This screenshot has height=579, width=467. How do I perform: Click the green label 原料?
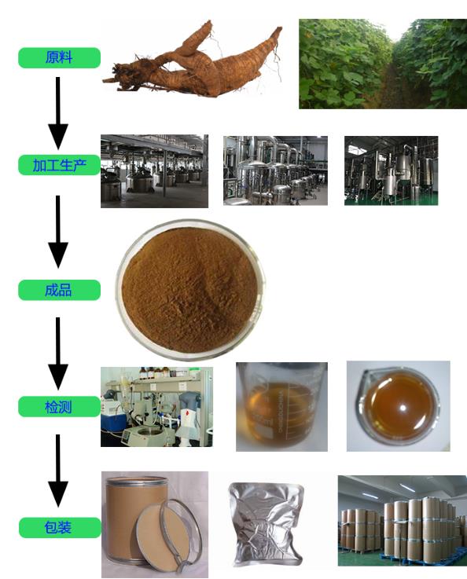click(x=59, y=57)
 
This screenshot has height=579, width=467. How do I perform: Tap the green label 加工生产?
click(x=59, y=165)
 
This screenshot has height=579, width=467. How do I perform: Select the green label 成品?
click(x=59, y=290)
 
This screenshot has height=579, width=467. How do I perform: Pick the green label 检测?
click(x=59, y=406)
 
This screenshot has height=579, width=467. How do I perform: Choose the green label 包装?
click(x=60, y=527)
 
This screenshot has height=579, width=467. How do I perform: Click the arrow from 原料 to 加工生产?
click(x=58, y=113)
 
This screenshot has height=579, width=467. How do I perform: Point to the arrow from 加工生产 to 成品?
click(x=58, y=232)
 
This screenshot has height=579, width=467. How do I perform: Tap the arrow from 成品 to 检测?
click(x=58, y=354)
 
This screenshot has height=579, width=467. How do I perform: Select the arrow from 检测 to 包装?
click(x=58, y=471)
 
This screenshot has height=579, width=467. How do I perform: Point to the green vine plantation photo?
click(x=383, y=64)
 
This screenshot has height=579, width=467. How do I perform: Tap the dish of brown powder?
click(x=190, y=289)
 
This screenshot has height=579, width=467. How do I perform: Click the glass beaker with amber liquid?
click(x=281, y=406)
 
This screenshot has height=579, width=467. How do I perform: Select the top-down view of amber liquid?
click(x=399, y=406)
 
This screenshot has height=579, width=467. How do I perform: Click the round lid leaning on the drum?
click(x=166, y=534)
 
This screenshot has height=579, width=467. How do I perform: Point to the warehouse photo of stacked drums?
click(x=403, y=521)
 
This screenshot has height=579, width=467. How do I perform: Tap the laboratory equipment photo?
click(x=156, y=407)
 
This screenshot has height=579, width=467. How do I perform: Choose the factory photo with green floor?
click(x=392, y=170)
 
